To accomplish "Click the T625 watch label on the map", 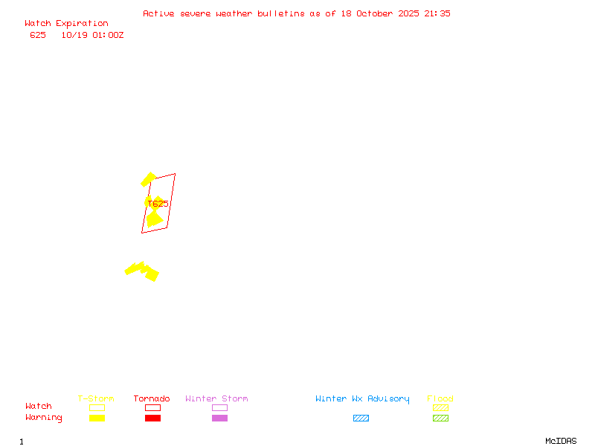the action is [x=157, y=203].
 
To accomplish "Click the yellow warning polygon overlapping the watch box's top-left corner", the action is [x=148, y=179].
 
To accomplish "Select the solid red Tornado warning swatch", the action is [x=152, y=418].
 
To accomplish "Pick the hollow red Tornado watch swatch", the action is [x=152, y=407].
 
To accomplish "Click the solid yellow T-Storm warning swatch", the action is [x=97, y=418].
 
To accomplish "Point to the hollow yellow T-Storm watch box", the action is [x=97, y=407].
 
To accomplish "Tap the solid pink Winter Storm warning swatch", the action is [x=219, y=418].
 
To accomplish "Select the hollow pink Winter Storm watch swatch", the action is [x=219, y=407].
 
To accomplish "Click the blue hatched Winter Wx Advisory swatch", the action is [x=361, y=418].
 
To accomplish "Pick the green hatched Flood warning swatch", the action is [x=440, y=418].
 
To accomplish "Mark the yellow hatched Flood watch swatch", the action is [x=440, y=407].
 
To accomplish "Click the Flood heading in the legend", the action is [x=440, y=399].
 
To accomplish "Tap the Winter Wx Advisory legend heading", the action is [x=362, y=399].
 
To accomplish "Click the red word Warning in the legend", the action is [x=44, y=418].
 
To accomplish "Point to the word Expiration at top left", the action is [x=82, y=24].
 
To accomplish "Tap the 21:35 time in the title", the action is [x=437, y=13].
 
